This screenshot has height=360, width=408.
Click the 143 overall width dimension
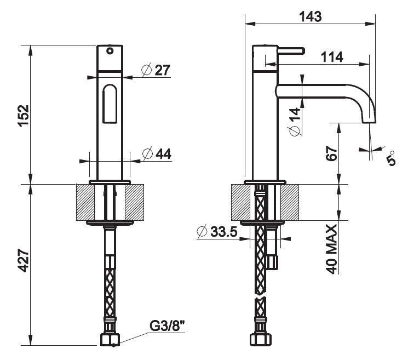click(x=310, y=16)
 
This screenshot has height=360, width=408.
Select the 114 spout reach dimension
click(x=332, y=57)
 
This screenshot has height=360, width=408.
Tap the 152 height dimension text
click(x=24, y=116)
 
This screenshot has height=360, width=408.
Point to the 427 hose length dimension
click(x=24, y=261)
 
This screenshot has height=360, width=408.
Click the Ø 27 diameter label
click(x=156, y=70)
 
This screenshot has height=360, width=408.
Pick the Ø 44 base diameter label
click(x=157, y=154)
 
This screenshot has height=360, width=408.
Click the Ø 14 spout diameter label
click(x=295, y=121)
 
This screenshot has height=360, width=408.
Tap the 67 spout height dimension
click(x=332, y=153)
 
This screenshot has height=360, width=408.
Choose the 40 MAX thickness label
click(x=332, y=249)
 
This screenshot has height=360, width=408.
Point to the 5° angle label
click(x=391, y=158)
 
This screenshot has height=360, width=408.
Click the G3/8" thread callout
click(x=167, y=325)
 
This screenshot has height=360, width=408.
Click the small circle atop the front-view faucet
click(x=110, y=51)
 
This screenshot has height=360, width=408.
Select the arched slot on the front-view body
click(x=110, y=104)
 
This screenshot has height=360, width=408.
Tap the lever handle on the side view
click(x=291, y=51)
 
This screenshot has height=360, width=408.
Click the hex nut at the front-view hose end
click(x=110, y=340)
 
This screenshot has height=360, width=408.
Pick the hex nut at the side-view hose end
click(x=261, y=340)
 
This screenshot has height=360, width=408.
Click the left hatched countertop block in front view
click(x=85, y=202)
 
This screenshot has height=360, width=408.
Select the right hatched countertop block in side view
click(x=290, y=202)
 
